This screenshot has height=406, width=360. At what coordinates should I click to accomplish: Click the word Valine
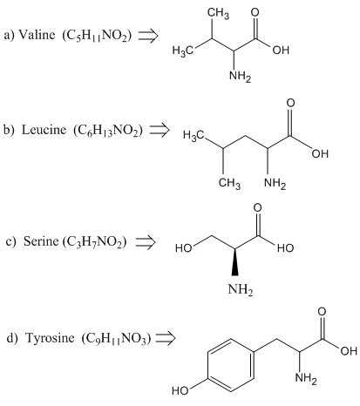click(37, 35)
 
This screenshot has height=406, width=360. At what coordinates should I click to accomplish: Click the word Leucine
click(44, 130)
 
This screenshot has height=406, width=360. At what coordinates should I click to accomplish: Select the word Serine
click(41, 240)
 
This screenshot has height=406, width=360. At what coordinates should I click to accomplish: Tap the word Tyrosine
click(50, 338)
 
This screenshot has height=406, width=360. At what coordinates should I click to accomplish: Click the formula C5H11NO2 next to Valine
click(97, 36)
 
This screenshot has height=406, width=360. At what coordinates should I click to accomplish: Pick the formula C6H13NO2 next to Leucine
click(108, 131)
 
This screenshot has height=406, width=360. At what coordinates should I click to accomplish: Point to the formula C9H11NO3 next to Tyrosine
click(117, 339)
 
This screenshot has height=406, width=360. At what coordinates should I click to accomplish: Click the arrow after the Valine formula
click(148, 36)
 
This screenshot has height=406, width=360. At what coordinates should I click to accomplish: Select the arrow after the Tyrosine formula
click(166, 338)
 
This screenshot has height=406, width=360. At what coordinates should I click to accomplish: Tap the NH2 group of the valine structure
click(240, 77)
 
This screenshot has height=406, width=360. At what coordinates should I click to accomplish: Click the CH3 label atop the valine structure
click(218, 13)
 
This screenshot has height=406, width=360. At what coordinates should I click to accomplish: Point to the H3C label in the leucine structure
click(194, 135)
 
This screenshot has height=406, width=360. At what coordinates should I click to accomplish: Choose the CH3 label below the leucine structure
click(229, 183)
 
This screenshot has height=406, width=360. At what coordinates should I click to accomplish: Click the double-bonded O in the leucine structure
click(290, 103)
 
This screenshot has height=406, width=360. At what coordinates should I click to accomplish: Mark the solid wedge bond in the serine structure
click(234, 261)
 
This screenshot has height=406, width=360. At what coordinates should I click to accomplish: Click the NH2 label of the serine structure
click(241, 289)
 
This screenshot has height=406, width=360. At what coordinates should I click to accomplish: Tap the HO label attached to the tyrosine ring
click(180, 391)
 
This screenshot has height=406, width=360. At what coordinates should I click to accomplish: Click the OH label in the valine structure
click(281, 50)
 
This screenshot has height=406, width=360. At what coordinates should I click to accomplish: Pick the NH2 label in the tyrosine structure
click(306, 378)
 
